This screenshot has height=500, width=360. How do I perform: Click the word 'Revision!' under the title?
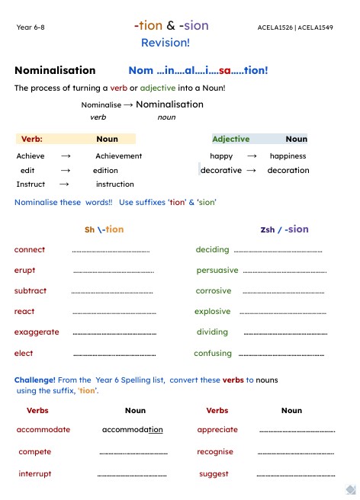pos(166,43)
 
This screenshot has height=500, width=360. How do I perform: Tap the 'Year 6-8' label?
pos(31,27)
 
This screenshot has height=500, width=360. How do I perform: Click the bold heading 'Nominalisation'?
pos(55,71)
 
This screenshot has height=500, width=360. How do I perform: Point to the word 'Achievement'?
pos(118,156)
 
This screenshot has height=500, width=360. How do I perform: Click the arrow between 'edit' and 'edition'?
pos(66,171)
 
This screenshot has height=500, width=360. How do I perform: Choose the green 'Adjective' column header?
pos(230,139)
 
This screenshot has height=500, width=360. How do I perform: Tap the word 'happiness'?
pos(288,156)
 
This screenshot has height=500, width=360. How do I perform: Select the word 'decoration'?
pos(288,171)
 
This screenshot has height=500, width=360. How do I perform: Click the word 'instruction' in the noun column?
pos(114,184)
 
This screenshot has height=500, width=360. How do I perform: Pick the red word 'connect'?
pos(30,250)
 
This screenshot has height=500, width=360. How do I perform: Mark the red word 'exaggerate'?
pos(37,332)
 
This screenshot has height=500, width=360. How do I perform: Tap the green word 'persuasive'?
pos(217,271)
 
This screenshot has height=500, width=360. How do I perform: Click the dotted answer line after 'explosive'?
pos(282,312)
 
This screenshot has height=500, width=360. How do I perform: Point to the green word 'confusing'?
pos(213,354)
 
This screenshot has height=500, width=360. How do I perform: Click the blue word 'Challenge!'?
pos(35,380)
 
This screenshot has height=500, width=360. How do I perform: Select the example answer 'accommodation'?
pos(132,430)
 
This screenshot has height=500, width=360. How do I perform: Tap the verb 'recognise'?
pos(215,452)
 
